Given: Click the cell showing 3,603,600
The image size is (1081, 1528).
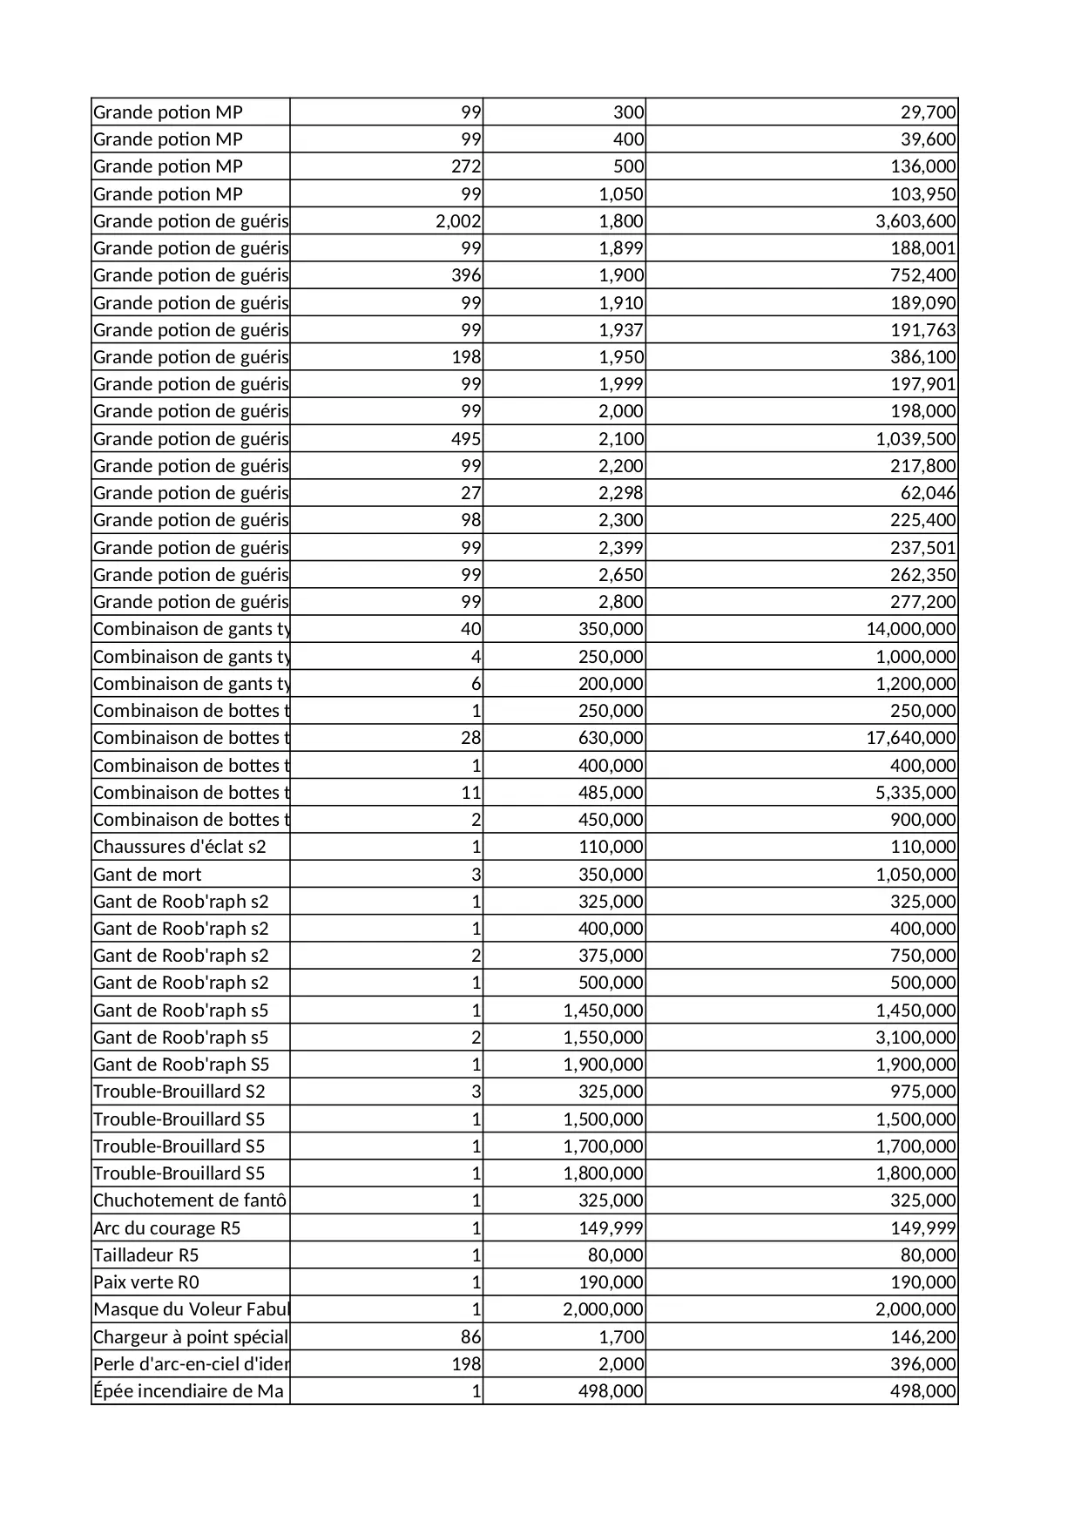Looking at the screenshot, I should tap(915, 221).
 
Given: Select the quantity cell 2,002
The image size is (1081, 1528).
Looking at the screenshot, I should tap(458, 221).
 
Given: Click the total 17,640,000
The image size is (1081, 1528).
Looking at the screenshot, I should tap(910, 738).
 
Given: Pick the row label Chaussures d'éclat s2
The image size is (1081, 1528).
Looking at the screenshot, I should tap(179, 847).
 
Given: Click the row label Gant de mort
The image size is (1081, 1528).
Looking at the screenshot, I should tap(147, 875).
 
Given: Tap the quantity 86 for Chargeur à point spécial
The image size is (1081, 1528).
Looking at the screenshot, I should tap(470, 1337).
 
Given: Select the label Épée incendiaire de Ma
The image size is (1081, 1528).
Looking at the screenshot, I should tap(188, 1391).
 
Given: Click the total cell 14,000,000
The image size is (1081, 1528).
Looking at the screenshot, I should tap(910, 629).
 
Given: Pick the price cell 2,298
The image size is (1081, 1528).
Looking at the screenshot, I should tap(620, 493).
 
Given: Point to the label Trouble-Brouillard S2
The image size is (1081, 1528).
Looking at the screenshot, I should tap(179, 1092).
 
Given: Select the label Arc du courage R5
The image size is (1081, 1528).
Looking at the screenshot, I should tap(167, 1228).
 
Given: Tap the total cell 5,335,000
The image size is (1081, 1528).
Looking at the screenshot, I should tap(915, 793).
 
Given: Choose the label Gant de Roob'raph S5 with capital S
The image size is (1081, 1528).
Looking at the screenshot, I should tap(181, 1065).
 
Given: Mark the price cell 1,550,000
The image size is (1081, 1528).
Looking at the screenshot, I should tap(603, 1038).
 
